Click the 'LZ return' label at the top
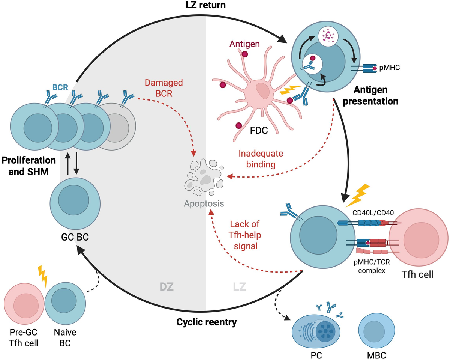point(205,6)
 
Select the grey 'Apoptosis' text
point(204,204)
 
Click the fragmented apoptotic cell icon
point(204,179)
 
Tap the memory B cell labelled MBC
point(376,326)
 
